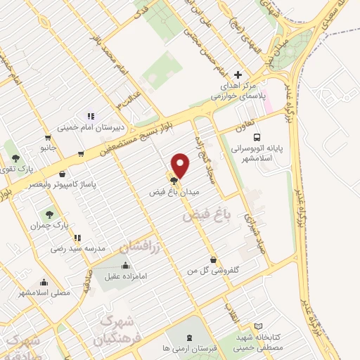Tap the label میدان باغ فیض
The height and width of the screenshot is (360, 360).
coord(175,191)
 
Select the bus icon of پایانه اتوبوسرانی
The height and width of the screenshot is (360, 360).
coord(257,137)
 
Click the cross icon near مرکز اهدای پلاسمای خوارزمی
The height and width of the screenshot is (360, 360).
coord(238,75)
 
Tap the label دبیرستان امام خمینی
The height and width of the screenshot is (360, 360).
coord(90,128)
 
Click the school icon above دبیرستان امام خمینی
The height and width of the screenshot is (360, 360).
coord(90,117)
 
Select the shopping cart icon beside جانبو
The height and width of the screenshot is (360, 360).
coord(47,138)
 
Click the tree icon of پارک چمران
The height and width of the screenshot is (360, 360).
coord(49,214)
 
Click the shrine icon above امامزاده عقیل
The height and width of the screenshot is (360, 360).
coord(126,265)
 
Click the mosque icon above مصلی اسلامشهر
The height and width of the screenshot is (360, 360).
coord(44,281)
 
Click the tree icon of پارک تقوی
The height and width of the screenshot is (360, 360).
coord(16,157)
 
